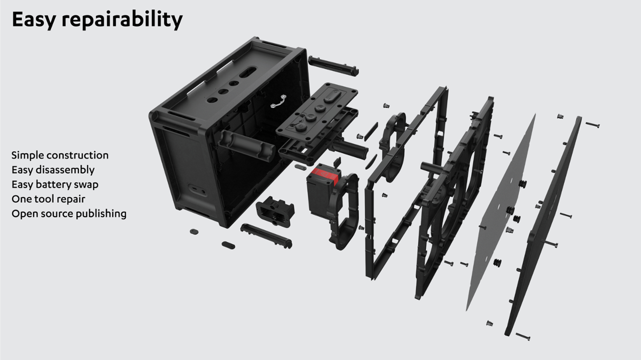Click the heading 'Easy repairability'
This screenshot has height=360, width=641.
[97, 19]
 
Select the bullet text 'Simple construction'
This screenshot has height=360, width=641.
[60, 155]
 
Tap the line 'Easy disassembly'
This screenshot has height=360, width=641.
[53, 170]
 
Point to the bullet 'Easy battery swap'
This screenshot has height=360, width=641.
[55, 184]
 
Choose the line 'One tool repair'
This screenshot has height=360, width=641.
[48, 199]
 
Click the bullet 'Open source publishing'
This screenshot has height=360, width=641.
[69, 214]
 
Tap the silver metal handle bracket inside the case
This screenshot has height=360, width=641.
[279, 102]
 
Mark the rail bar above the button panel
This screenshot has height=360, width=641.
[333, 65]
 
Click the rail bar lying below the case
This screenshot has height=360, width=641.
[266, 236]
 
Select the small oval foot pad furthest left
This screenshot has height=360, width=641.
[194, 232]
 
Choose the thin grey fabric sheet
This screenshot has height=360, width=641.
[501, 213]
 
